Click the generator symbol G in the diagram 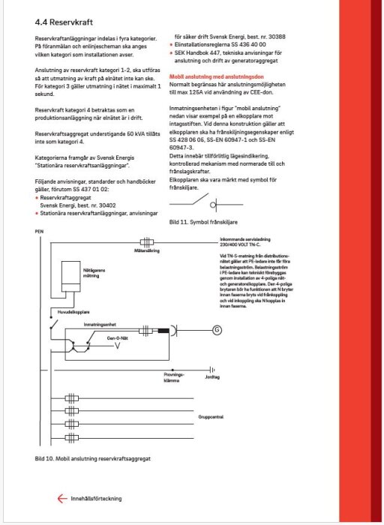(x=217, y=329)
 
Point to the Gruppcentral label (x=212, y=413)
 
